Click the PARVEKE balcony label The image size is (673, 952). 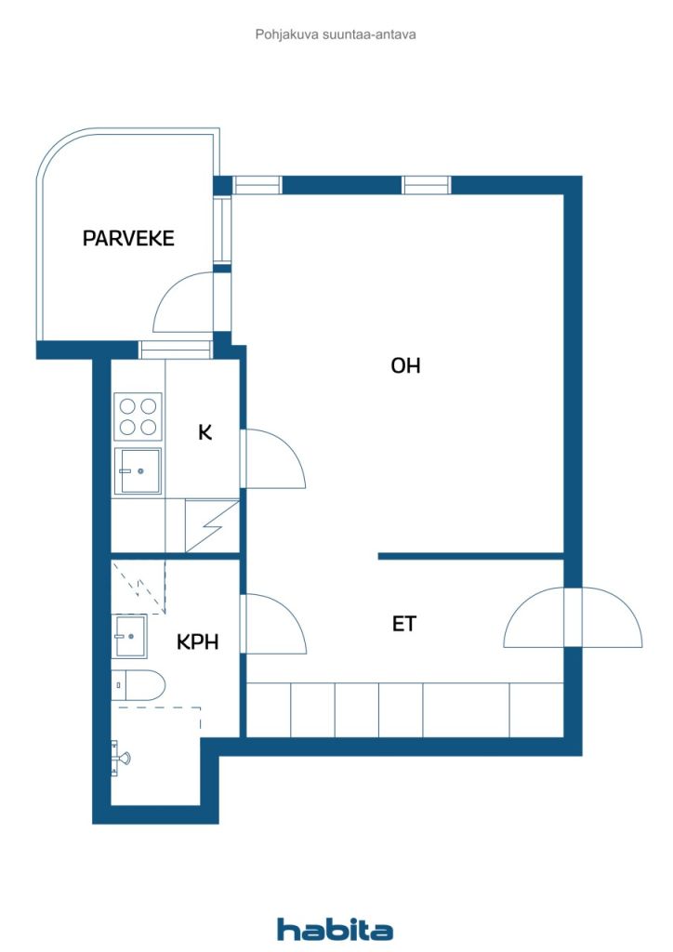point(128,238)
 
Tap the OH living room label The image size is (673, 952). point(405,365)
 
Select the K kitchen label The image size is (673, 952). point(205,432)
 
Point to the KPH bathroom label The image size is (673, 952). point(197,641)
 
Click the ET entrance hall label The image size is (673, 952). point(404,624)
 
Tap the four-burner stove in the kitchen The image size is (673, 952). point(138,416)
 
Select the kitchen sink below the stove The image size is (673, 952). point(138,470)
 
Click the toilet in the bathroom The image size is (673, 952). point(139,686)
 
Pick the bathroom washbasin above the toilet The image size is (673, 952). point(128,636)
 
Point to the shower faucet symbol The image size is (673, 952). point(120,757)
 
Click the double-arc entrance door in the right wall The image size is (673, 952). point(573,617)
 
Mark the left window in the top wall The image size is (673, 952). point(257,185)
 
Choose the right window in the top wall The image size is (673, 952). point(427,185)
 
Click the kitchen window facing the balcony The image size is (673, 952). point(176,350)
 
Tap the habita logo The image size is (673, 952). point(335,930)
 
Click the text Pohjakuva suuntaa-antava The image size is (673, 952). point(336,34)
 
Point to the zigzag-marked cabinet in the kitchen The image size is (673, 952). point(212,526)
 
